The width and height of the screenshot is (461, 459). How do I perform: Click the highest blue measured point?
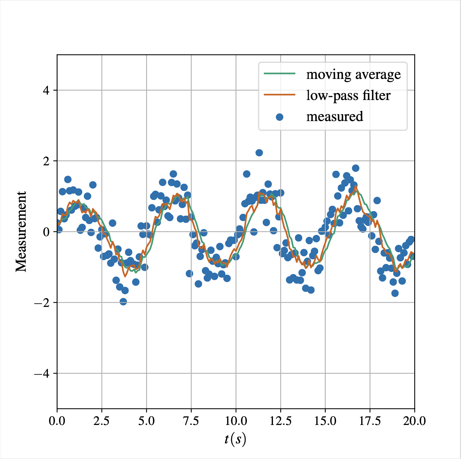coord(259,153)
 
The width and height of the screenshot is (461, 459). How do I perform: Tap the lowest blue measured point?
coord(123,301)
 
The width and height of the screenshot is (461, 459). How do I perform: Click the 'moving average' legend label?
coord(353,74)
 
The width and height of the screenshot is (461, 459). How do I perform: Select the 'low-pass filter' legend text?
coord(348,95)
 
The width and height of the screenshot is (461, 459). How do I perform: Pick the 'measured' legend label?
coord(334,117)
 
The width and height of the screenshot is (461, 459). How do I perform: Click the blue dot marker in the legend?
coord(280,117)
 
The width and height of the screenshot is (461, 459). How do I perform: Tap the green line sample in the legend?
coord(280,73)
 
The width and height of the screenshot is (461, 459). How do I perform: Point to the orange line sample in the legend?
coord(280,95)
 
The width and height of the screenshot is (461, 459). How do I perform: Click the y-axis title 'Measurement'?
coord(21,232)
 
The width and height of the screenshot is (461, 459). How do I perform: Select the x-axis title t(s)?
coord(235,439)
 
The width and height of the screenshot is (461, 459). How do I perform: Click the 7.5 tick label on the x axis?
coord(191,421)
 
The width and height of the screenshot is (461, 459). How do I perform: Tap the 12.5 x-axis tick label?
coord(281,421)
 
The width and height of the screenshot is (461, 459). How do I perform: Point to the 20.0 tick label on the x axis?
coord(415,421)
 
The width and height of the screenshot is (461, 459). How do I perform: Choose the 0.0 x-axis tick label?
coord(57,421)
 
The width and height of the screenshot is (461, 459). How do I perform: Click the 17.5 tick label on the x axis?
coord(370,421)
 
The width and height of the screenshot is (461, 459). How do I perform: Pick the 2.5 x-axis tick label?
coord(102,421)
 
